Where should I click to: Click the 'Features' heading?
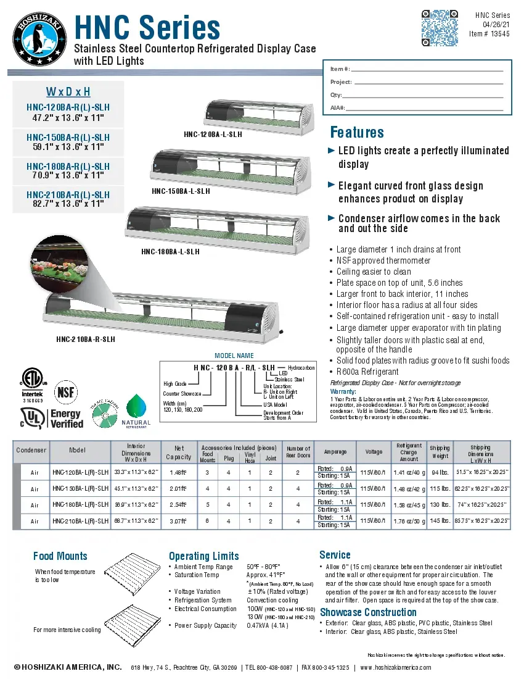coord(357,132)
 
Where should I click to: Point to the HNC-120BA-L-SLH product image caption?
coord(213,133)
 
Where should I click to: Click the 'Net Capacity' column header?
coord(178,452)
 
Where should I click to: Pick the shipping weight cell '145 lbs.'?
coord(440,521)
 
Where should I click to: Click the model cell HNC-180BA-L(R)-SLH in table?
coord(81,505)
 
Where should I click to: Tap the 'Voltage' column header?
coord(374,452)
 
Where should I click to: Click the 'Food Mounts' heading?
coord(60,556)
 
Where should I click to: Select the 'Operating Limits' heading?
coord(203,556)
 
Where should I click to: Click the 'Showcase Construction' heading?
coord(368,612)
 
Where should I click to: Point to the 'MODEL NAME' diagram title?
coord(234,356)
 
